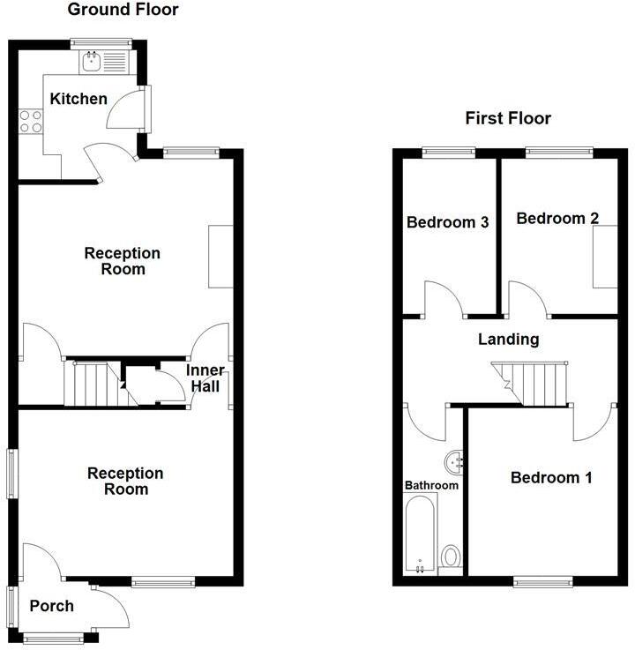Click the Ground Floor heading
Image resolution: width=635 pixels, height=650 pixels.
pyautogui.click(x=123, y=11)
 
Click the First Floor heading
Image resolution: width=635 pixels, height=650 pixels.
pyautogui.click(x=509, y=118)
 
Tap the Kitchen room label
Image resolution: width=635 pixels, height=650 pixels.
pyautogui.click(x=78, y=99)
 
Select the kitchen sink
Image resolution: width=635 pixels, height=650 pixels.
pyautogui.click(x=92, y=61)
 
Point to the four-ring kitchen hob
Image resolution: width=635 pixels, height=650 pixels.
pyautogui.click(x=31, y=121)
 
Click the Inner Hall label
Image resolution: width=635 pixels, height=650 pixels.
pyautogui.click(x=205, y=377)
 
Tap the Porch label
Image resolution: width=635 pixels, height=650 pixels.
pyautogui.click(x=51, y=606)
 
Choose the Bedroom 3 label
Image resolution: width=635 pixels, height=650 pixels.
pyautogui.click(x=447, y=222)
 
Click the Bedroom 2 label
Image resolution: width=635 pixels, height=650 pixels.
pyautogui.click(x=552, y=218)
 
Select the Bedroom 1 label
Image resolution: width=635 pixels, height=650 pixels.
pyautogui.click(x=551, y=477)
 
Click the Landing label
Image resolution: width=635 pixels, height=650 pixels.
pyautogui.click(x=508, y=339)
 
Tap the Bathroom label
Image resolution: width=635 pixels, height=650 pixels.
pyautogui.click(x=431, y=485)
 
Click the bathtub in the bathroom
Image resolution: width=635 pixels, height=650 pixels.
pyautogui.click(x=420, y=534)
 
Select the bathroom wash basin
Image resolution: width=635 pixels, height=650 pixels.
pyautogui.click(x=455, y=459)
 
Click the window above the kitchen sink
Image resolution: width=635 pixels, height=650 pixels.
pyautogui.click(x=101, y=41)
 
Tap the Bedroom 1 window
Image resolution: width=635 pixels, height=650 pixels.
pyautogui.click(x=543, y=582)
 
